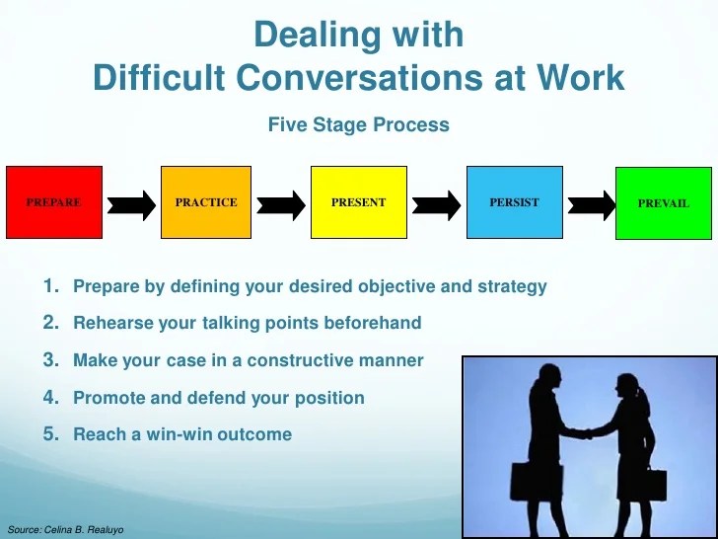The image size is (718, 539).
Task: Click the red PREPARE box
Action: pos(53,202)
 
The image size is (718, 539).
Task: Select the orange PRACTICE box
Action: pos(206,202)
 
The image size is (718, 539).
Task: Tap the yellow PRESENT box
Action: pos(358,202)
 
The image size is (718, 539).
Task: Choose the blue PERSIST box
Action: pos(514,202)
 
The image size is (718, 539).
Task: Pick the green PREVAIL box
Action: pos(663,202)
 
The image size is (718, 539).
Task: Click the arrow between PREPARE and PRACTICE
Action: pos(130,204)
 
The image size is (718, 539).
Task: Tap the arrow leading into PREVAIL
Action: pos(590,204)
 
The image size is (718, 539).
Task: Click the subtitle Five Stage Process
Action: pos(358,125)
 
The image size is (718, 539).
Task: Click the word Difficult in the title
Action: pos(158,78)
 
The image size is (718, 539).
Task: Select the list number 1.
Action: pos(51,286)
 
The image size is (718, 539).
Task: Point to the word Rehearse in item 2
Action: pos(110,323)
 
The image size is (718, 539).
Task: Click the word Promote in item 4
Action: pos(108,398)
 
